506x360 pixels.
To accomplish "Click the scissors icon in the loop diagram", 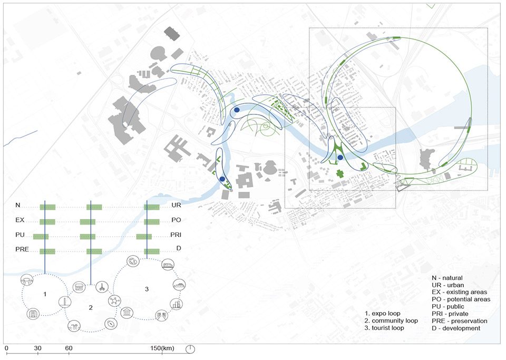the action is (102, 287).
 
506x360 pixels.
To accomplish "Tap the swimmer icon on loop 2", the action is (74, 326).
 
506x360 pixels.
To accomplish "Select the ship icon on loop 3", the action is (179, 285).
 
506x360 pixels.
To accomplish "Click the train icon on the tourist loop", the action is (168, 265).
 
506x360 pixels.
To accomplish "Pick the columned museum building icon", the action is (127, 313).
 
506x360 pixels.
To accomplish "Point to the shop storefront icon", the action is (79, 287).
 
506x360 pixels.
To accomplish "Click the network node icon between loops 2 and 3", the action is (114, 300).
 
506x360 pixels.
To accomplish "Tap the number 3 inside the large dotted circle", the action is (147, 289).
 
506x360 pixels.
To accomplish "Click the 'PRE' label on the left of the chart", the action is (22, 249).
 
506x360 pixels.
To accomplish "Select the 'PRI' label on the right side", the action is (176, 235).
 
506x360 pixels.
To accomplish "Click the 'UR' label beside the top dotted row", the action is (176, 205).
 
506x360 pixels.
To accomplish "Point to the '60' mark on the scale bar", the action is (69, 348).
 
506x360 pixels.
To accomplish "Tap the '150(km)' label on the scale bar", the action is (162, 348).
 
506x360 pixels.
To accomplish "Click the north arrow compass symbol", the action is (190, 349).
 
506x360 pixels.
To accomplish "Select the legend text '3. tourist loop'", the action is (384, 328).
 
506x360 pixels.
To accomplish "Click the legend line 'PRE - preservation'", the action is (460, 321).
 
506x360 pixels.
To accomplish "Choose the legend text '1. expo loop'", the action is (383, 314).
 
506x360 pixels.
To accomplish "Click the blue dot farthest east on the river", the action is (340, 158).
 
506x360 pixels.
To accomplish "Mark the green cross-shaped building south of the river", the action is (339, 173).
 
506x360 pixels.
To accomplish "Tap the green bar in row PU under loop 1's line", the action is (41, 237).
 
